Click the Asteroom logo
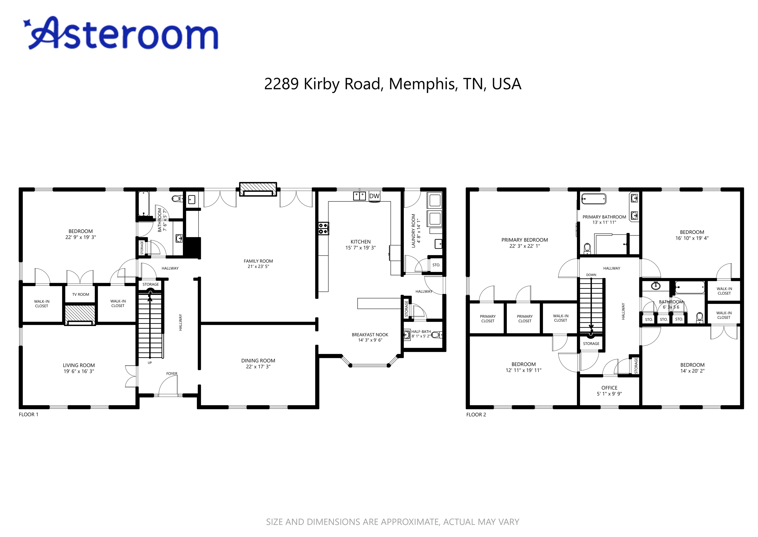pyautogui.click(x=121, y=33)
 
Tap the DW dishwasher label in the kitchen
pyautogui.click(x=374, y=196)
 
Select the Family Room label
pyautogui.click(x=258, y=261)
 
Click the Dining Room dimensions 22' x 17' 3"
pyautogui.click(x=258, y=366)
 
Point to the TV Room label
pyautogui.click(x=81, y=294)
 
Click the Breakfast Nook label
pyautogui.click(x=370, y=335)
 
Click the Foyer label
pyautogui.click(x=172, y=374)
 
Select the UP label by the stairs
pyautogui.click(x=150, y=363)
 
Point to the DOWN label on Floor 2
pyautogui.click(x=591, y=275)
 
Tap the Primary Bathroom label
pyautogui.click(x=604, y=217)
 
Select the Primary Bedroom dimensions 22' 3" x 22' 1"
pyautogui.click(x=524, y=246)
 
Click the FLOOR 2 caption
pyautogui.click(x=476, y=415)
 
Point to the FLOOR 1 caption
pyautogui.click(x=28, y=415)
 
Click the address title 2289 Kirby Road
pyautogui.click(x=393, y=84)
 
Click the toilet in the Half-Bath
pyautogui.click(x=436, y=335)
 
